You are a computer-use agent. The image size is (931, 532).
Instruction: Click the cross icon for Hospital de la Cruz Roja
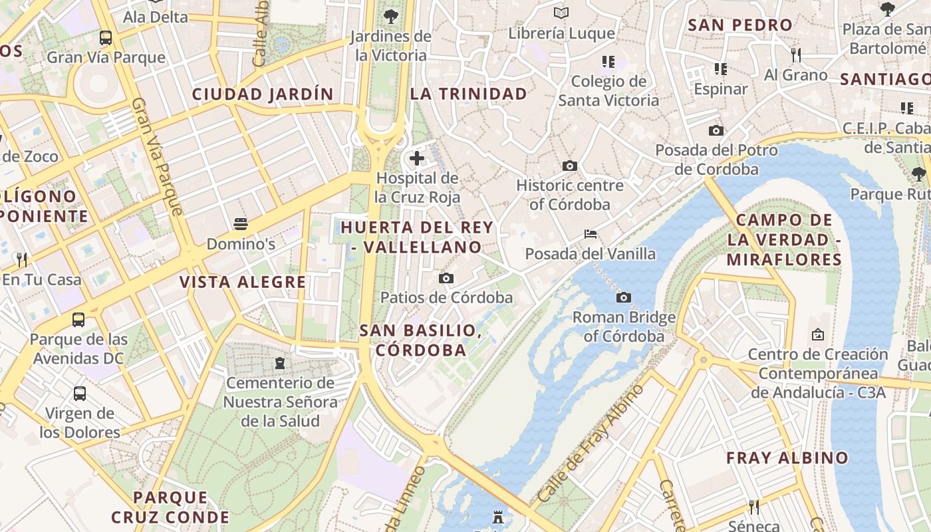pos(417,158)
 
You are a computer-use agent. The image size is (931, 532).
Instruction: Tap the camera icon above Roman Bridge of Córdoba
pos(624,297)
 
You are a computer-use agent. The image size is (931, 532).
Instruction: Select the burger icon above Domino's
pos(240,223)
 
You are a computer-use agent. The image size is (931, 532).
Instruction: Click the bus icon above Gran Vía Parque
pos(106,37)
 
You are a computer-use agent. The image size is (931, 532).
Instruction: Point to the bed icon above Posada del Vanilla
pos(590,234)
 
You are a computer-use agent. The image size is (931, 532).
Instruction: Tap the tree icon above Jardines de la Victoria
pos(390,15)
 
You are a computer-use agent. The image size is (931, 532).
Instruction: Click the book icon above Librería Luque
pos(561,13)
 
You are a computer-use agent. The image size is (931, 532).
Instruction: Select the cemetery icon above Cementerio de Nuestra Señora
pos(279,363)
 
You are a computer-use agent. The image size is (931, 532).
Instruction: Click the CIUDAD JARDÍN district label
pos(263,94)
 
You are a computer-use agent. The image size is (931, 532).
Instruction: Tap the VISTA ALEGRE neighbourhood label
pos(243,282)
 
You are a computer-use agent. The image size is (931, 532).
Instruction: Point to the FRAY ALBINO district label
pos(787,458)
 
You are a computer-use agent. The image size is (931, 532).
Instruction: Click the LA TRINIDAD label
pos(468,94)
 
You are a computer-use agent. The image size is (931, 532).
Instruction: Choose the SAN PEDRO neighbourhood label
pos(740,25)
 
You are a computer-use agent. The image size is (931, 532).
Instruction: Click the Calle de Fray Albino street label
pos(591,443)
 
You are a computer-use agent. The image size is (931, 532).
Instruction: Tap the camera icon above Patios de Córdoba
pos(446,278)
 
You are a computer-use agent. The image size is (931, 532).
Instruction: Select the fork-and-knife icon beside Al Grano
pos(795,55)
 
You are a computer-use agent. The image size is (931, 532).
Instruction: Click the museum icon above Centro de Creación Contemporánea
pos(818,334)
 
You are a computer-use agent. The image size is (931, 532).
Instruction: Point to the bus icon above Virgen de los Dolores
pos(80,394)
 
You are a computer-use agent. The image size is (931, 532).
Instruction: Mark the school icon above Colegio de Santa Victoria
pos(608,62)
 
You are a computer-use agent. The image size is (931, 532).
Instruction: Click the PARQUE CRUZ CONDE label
pos(170,507)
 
